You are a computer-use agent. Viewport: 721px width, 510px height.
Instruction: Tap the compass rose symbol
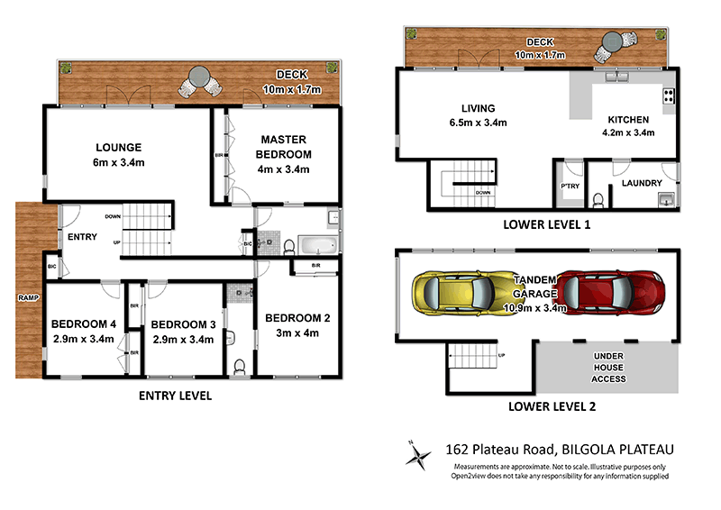coord(417,455)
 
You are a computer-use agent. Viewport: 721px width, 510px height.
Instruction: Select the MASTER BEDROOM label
coord(285,147)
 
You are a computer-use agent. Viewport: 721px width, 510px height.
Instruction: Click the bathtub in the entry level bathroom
coord(316,244)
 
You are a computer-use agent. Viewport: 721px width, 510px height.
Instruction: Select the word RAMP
coord(25,296)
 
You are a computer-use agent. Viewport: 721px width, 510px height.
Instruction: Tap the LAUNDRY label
coord(641,183)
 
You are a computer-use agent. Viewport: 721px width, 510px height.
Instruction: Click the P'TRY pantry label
coord(569,186)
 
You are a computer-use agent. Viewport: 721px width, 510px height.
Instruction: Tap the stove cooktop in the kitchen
coord(669,96)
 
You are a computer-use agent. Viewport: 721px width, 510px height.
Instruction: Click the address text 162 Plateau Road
coord(506,449)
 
